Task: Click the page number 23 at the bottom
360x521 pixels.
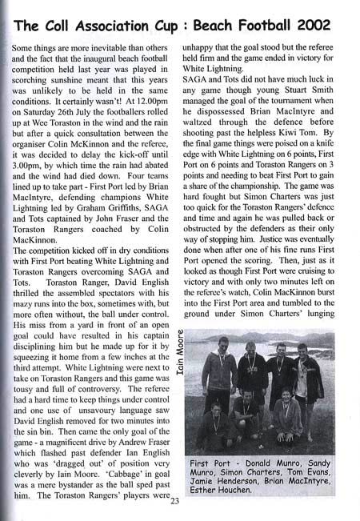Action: tap(176, 502)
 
